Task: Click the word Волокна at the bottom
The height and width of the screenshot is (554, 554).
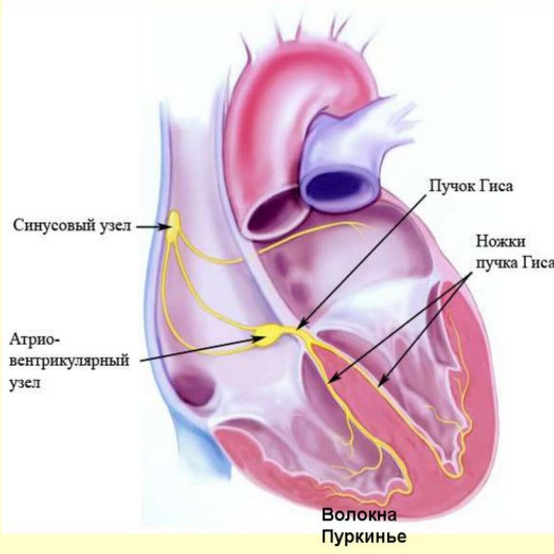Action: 359,515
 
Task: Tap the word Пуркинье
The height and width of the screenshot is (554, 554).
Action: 364,537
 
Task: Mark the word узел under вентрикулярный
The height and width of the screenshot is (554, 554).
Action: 26,383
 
